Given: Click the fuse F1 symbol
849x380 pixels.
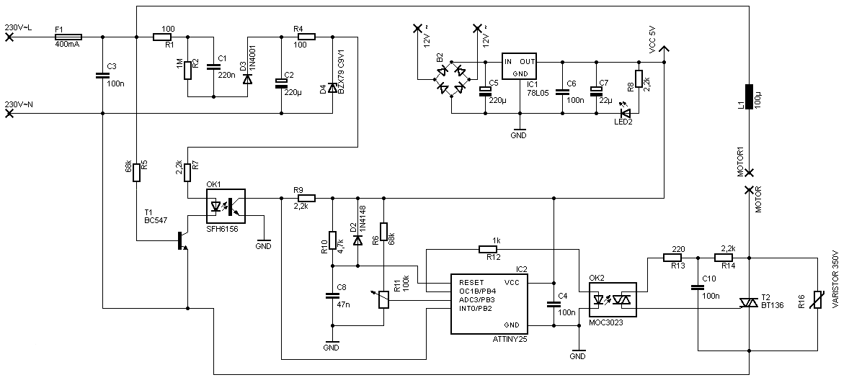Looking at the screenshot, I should (x=68, y=36).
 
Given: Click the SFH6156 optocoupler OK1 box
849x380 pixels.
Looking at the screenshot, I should (x=226, y=207).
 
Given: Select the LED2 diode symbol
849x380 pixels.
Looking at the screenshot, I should (x=625, y=113).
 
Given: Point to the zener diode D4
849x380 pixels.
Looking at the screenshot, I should (x=332, y=88).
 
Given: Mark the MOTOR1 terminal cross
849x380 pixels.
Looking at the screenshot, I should (x=749, y=173).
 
